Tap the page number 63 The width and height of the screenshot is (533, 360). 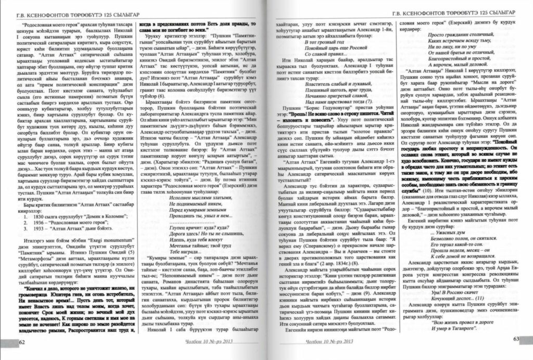pos(516,339)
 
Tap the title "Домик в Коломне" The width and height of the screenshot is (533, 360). pos(101,208)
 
